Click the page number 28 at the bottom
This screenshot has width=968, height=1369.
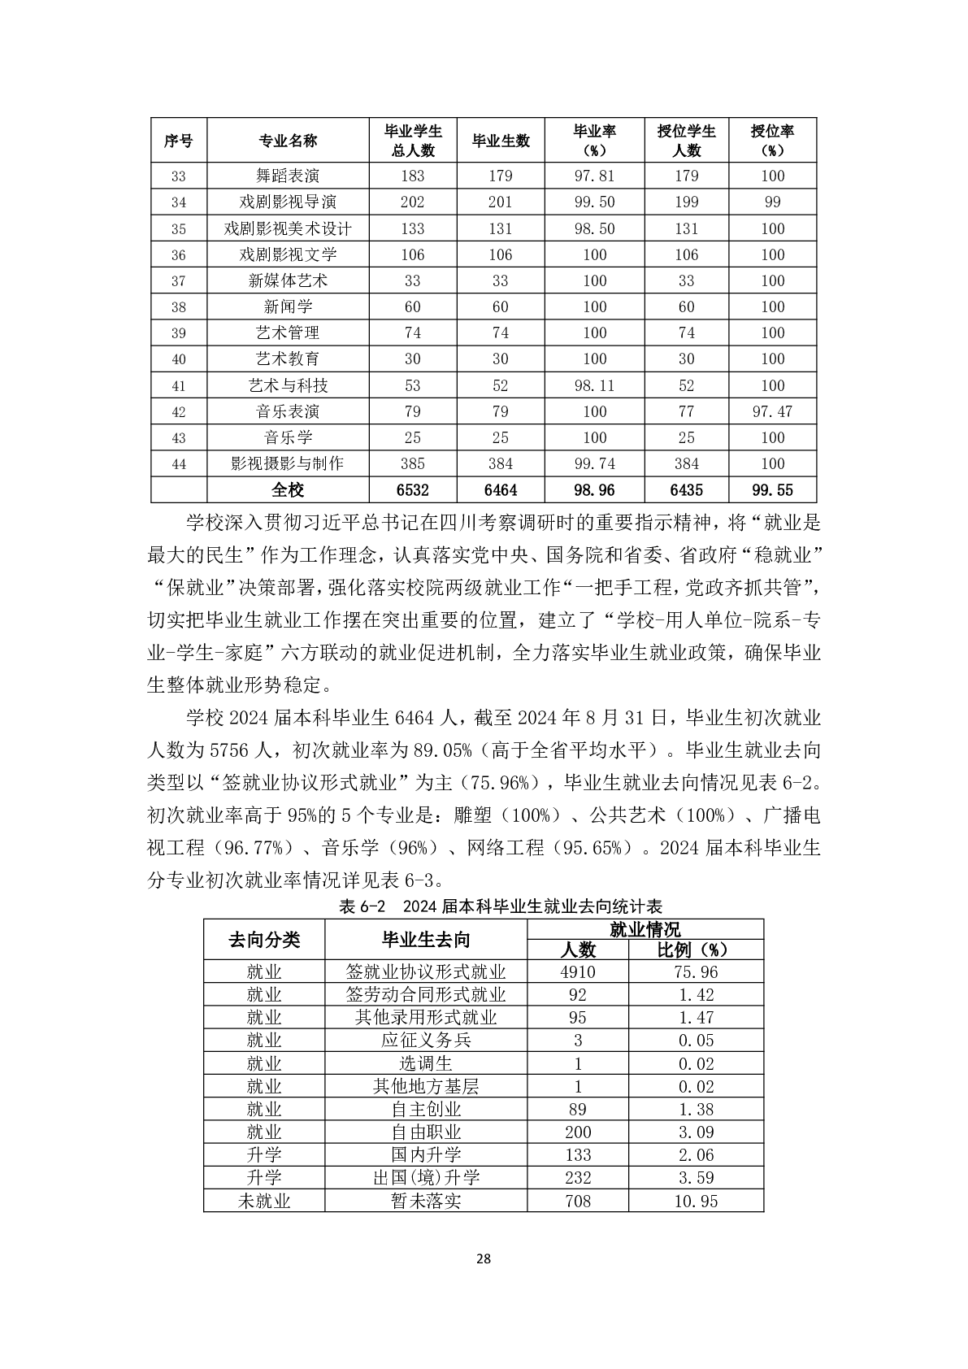point(483,1259)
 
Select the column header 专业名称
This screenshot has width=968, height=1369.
point(288,141)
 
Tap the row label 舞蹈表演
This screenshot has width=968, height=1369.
point(288,176)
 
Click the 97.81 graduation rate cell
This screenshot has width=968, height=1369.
point(595,176)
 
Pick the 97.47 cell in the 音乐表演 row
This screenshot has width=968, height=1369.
point(772,411)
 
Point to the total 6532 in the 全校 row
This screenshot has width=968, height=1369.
point(412,489)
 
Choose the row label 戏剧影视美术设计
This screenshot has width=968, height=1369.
point(288,228)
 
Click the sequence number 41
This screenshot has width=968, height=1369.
point(179,385)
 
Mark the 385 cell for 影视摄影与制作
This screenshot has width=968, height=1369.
point(412,463)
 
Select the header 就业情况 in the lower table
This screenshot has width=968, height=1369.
point(645,929)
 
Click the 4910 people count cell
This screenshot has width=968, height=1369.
point(578,971)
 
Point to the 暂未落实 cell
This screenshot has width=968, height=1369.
point(426,1201)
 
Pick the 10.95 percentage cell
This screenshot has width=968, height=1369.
point(696,1201)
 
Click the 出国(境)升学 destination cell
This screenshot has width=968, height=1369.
point(426,1177)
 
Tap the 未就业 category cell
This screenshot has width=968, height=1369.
point(264,1201)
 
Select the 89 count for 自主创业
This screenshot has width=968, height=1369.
point(578,1109)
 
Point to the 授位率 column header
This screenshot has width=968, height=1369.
point(772,141)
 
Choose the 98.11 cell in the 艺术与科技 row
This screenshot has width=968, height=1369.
point(595,385)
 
